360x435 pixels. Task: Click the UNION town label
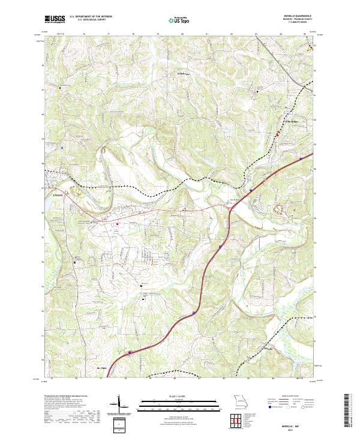click(58, 194)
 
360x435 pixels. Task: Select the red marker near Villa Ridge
click(277, 134)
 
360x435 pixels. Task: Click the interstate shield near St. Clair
click(130, 353)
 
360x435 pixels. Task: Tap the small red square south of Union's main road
click(117, 224)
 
